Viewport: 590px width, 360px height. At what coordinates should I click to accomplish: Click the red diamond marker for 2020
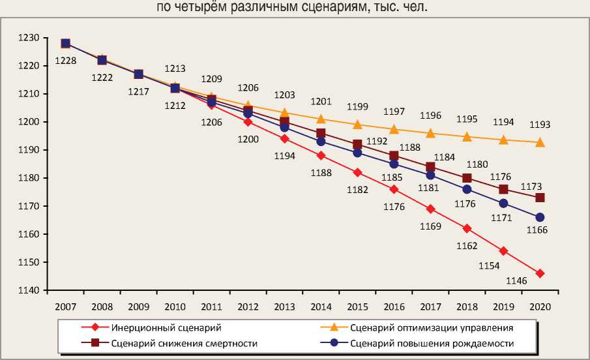(x=540, y=273)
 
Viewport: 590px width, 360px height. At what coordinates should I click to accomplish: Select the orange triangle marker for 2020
(x=540, y=142)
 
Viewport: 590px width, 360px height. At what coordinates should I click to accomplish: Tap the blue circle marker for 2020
(x=540, y=217)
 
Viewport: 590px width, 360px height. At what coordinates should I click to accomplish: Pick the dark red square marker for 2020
(x=540, y=198)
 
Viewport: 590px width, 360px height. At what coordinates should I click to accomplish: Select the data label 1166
(x=537, y=230)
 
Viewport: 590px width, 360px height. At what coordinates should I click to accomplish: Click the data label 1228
(x=66, y=61)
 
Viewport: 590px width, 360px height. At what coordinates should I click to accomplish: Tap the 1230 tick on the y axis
(x=30, y=38)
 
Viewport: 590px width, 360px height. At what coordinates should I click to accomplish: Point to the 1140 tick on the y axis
(x=30, y=290)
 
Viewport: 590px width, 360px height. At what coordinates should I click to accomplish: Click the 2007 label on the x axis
(x=66, y=306)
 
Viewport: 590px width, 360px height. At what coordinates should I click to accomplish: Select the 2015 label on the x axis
(x=357, y=306)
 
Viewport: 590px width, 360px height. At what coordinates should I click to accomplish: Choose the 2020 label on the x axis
(x=540, y=306)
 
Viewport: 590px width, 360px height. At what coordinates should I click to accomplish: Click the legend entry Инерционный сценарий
(x=164, y=327)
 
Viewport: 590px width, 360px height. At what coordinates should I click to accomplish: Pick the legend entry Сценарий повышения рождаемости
(x=432, y=343)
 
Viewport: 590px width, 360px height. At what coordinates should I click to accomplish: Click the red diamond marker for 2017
(x=430, y=209)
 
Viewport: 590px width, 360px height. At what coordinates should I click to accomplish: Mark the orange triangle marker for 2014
(x=321, y=119)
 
